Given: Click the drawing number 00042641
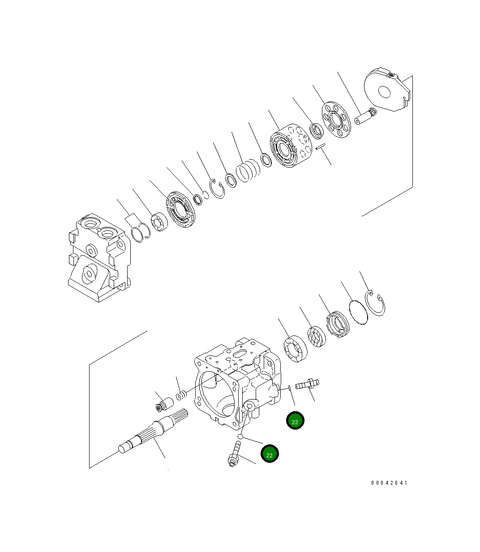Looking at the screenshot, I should (389, 483).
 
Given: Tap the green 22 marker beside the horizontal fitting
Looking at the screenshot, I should (295, 421).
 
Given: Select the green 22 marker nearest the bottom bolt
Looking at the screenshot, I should (270, 454).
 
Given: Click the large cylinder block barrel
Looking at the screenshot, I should (290, 146).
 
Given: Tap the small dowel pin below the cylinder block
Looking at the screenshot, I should (321, 147).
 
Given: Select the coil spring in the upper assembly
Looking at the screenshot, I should (248, 172).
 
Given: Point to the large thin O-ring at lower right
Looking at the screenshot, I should (358, 311).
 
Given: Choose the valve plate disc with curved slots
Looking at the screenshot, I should (182, 210).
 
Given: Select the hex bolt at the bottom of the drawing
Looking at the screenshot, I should (235, 454).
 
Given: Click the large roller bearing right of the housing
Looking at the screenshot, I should (295, 348).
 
